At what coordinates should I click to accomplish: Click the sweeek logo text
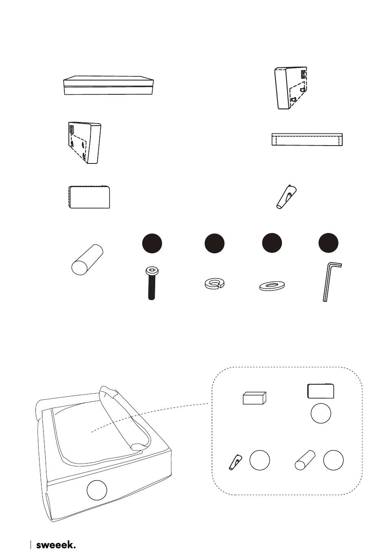(56, 543)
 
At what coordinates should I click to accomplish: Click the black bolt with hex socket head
(152, 283)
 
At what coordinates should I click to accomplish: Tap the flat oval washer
(272, 286)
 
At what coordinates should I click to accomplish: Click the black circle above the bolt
(152, 243)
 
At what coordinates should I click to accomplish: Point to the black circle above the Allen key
(328, 243)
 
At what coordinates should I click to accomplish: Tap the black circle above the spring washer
(214, 243)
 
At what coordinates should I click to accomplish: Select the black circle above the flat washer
(272, 243)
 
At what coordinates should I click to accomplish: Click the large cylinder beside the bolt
(87, 259)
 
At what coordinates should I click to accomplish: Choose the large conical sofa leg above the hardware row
(286, 197)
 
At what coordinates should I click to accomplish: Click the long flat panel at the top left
(108, 85)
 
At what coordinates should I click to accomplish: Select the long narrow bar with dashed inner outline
(307, 139)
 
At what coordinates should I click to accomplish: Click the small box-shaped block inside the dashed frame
(255, 398)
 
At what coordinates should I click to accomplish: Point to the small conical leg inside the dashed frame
(235, 462)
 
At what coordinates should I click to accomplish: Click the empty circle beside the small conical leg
(259, 460)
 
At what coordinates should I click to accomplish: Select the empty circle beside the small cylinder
(333, 460)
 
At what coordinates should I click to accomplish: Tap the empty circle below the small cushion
(321, 413)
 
